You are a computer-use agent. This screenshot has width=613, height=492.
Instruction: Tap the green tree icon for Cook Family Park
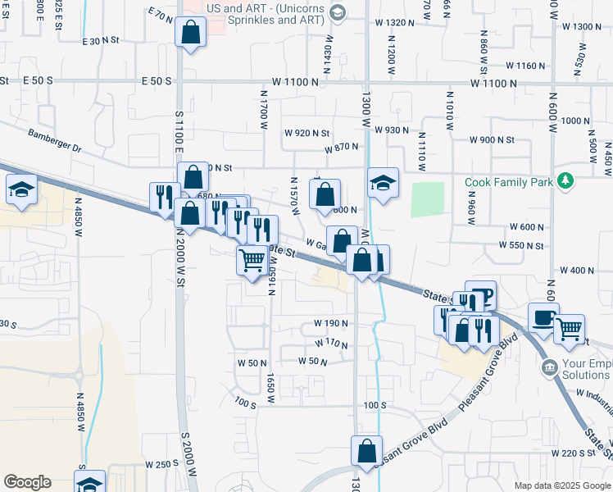tap(565, 180)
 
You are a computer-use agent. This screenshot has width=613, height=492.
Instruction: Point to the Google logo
tap(27, 482)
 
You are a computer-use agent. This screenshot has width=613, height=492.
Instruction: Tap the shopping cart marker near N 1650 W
tap(252, 261)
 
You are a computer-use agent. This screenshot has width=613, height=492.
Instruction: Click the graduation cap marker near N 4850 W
tap(21, 189)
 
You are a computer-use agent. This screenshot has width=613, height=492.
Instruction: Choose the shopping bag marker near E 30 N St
tap(190, 34)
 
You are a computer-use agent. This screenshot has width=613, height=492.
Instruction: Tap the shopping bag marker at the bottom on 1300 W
tap(366, 451)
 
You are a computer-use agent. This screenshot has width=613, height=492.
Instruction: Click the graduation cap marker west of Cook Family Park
tap(382, 183)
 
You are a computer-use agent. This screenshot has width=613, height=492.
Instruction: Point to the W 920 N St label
tap(306, 133)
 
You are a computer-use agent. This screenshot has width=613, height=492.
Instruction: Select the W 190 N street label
tap(330, 324)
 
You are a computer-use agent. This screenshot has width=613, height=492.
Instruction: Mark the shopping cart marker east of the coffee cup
tap(569, 329)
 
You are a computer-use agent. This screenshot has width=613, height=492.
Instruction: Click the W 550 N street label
tap(521, 246)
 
